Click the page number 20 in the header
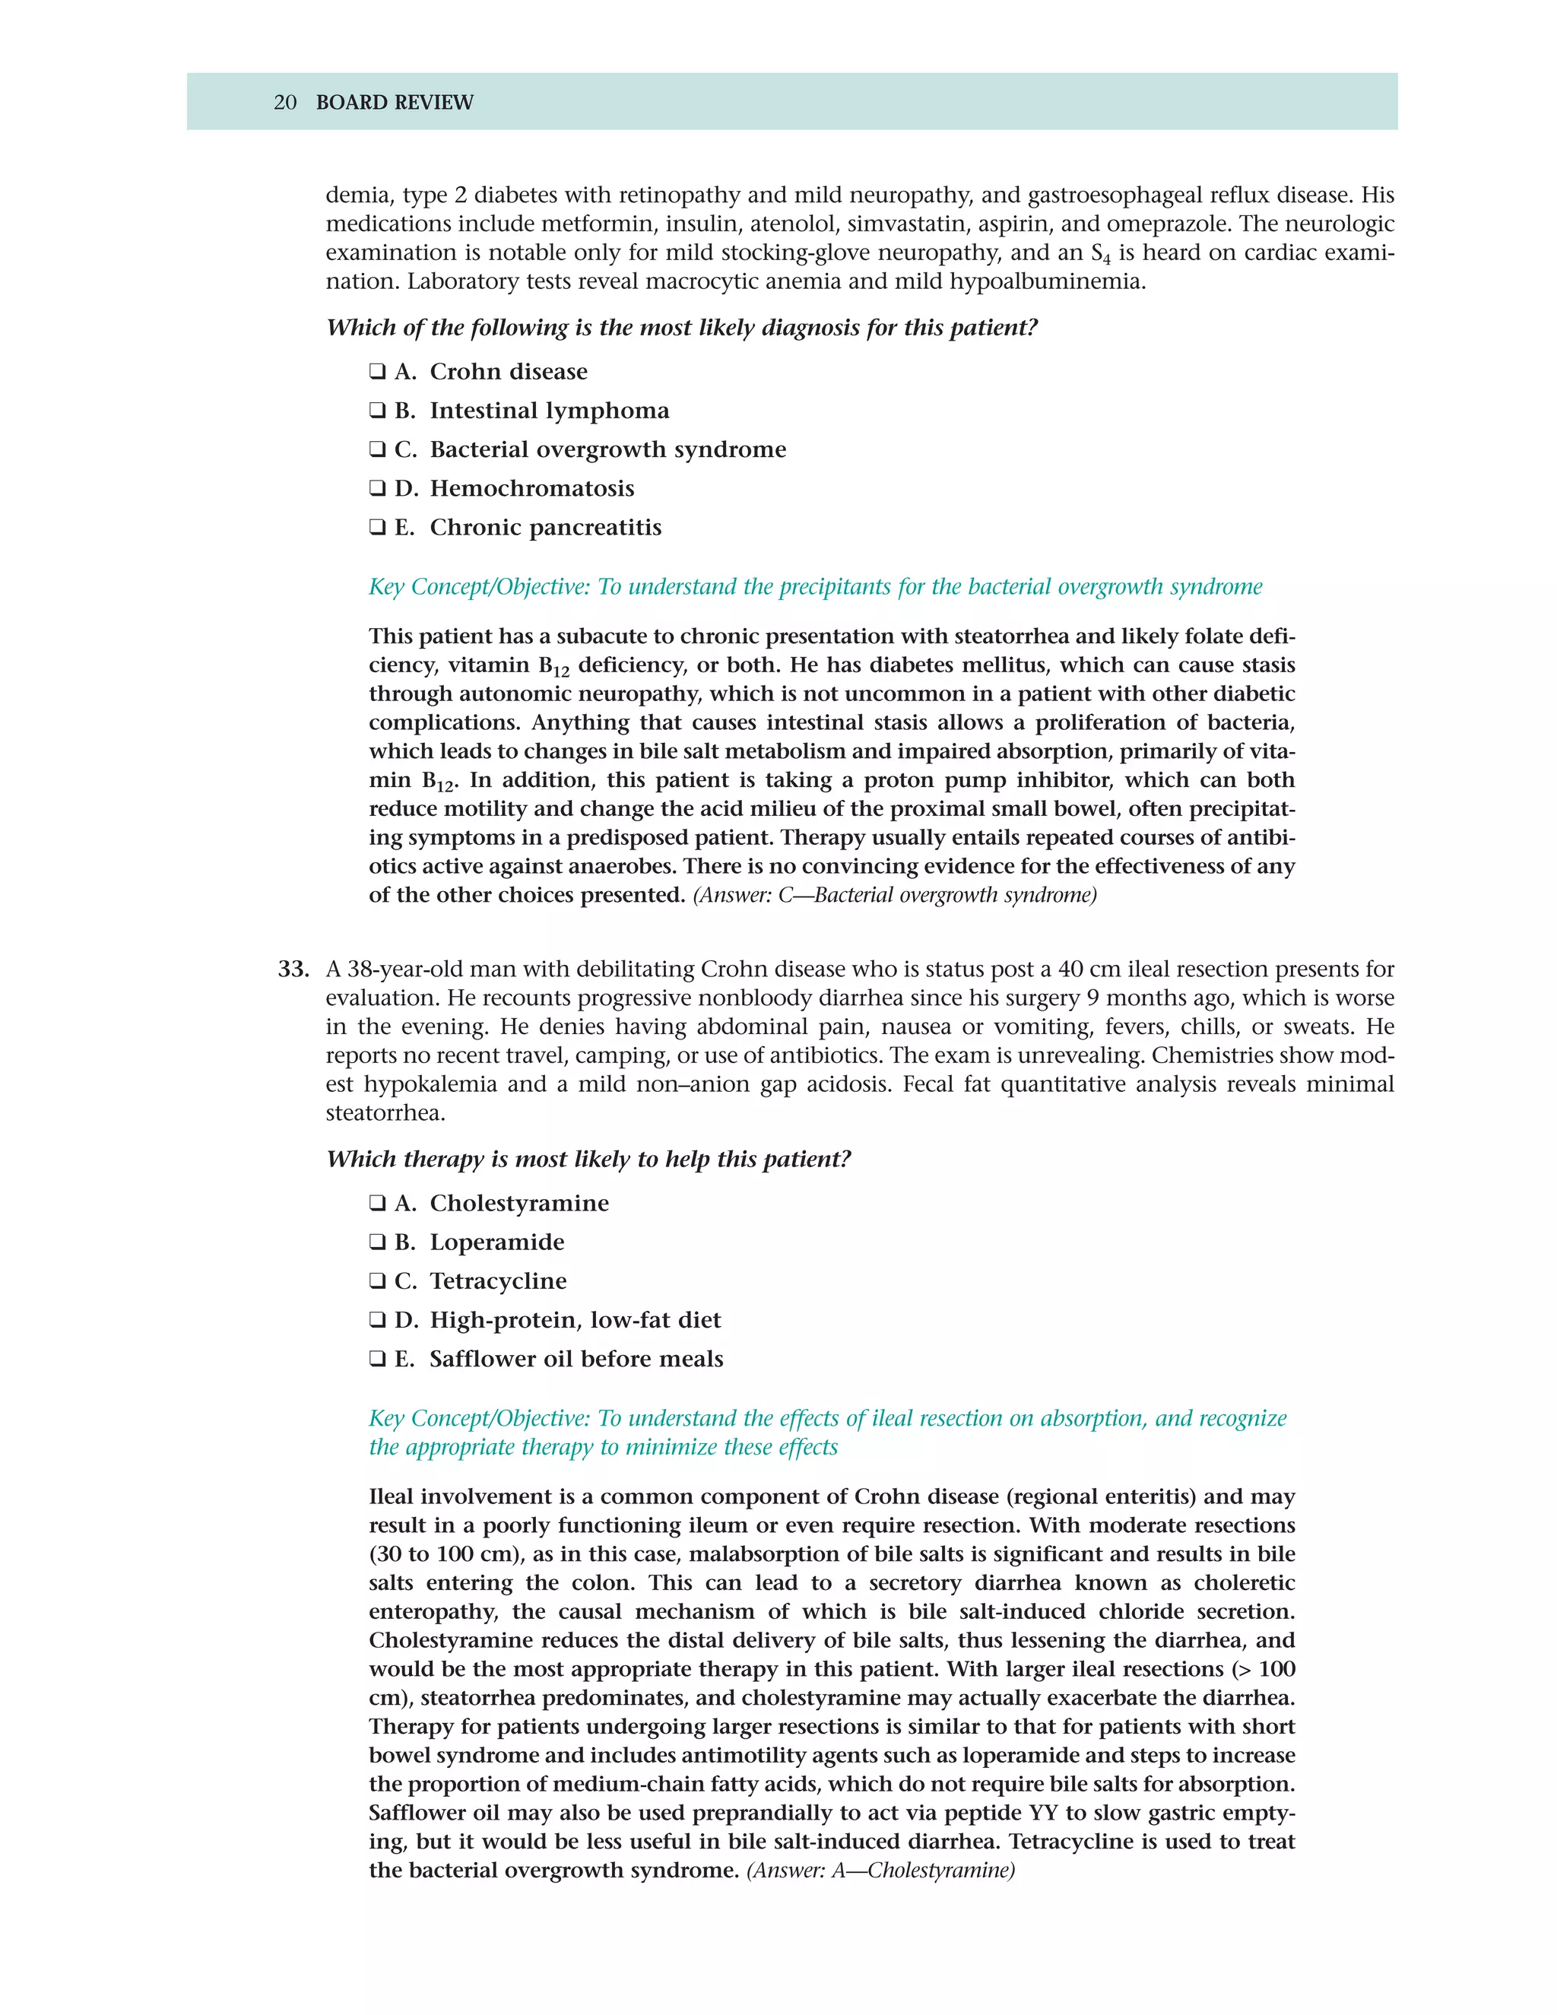point(285,103)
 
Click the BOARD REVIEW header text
point(394,103)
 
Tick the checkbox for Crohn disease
point(377,372)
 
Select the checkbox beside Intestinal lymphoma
point(377,411)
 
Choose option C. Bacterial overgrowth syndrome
point(377,449)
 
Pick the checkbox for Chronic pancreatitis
point(377,528)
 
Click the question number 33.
point(293,969)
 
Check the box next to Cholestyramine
point(377,1203)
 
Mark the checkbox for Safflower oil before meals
point(377,1359)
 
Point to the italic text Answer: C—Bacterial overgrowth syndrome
point(894,895)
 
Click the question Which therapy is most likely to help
point(588,1160)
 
